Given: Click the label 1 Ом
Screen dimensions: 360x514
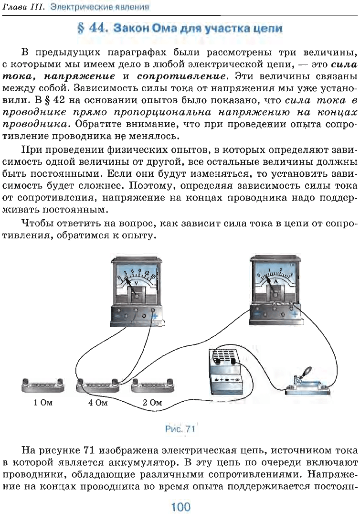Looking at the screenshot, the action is coord(43,403).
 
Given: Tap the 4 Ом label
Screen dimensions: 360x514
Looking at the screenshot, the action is coord(97,403).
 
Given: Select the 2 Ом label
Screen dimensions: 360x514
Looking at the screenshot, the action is coord(152,403).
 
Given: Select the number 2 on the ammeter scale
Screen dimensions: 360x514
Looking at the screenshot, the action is coord(280,270).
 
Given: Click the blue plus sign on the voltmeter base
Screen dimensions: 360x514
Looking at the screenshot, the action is coord(154,316).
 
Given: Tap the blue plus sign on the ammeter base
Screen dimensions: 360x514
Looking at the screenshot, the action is coord(295,314).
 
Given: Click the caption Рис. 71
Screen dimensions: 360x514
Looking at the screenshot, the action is coord(180,429).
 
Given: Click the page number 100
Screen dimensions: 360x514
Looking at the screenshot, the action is coord(180,507).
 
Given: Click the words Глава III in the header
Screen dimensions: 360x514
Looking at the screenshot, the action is coord(23,7).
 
